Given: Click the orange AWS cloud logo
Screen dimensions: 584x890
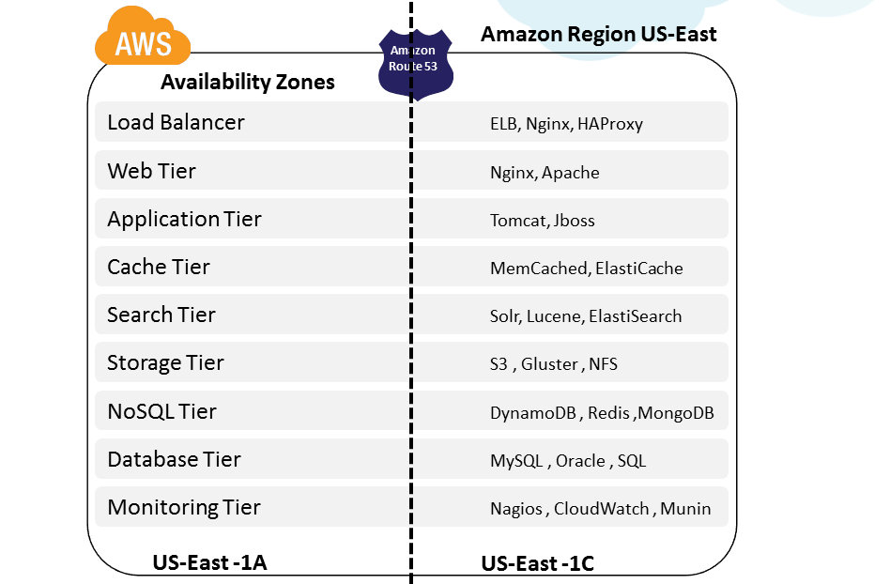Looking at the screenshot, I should click(143, 39).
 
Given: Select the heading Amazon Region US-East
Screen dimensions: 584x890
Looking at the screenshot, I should click(598, 35).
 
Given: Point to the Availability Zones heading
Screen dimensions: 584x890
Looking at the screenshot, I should click(247, 82).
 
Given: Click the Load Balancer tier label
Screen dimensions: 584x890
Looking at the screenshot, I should click(176, 122).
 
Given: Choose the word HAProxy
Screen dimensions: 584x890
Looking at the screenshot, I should click(609, 124).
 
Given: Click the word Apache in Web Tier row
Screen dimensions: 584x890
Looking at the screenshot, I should click(570, 173).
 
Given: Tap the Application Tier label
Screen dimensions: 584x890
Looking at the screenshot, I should click(184, 219).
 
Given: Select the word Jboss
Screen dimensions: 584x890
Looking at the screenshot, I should click(574, 221).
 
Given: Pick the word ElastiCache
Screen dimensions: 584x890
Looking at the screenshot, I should click(638, 269).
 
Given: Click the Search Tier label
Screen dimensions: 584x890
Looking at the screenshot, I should click(161, 315).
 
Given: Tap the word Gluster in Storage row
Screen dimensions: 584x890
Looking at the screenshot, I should click(549, 364).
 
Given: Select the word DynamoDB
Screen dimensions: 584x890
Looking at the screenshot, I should click(532, 413).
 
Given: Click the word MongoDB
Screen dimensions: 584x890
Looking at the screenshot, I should click(682, 413).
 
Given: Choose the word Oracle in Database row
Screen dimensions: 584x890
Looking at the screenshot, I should click(580, 461).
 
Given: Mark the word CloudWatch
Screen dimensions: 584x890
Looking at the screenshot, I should click(601, 509).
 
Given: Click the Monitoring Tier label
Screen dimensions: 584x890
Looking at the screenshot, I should click(184, 507).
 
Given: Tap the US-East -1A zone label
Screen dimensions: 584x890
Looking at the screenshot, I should click(209, 562).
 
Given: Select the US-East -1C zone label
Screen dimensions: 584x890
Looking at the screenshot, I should click(537, 563).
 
